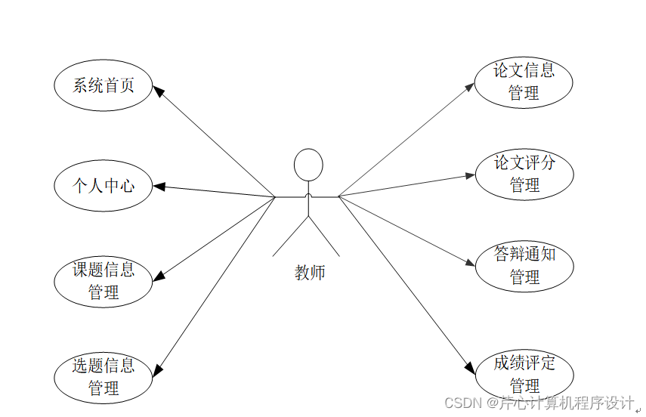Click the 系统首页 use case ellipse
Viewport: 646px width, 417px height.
[x=104, y=85]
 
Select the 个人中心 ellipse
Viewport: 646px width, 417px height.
[x=104, y=185]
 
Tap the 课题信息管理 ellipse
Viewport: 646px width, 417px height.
[x=104, y=280]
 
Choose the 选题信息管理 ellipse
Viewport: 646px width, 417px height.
[x=104, y=376]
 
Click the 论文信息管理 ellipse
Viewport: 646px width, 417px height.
[x=524, y=82]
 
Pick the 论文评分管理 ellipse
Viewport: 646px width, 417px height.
[x=524, y=173]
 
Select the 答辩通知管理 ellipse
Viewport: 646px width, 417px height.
[x=524, y=265]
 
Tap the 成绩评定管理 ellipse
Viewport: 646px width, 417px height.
[x=524, y=373]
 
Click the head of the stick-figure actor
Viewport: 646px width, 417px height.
[x=308, y=164]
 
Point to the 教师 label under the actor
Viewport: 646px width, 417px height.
[x=310, y=273]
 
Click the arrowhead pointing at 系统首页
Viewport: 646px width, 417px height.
[x=159, y=91]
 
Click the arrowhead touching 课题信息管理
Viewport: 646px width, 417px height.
[x=159, y=275]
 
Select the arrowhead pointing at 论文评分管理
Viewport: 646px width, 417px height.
[x=470, y=175]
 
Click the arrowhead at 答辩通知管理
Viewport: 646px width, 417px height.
[x=470, y=264]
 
